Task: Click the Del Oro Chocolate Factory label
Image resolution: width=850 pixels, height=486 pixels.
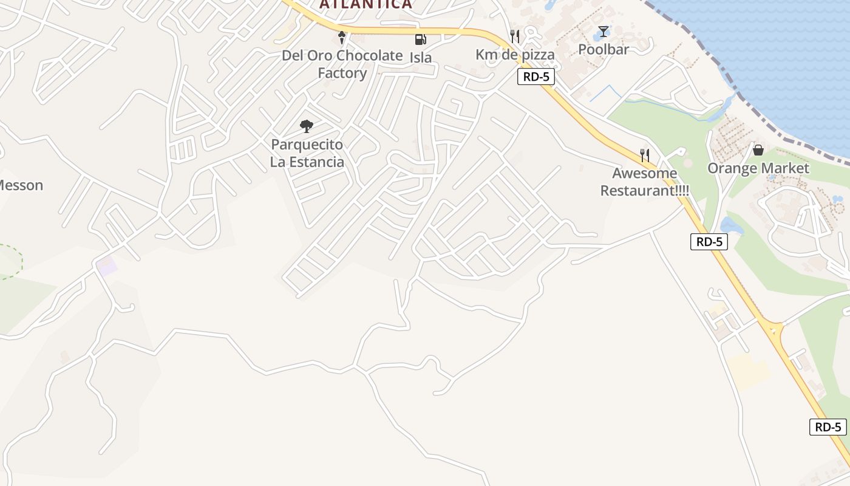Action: [x=342, y=64]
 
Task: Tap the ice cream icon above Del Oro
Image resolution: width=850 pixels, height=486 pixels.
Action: [x=342, y=38]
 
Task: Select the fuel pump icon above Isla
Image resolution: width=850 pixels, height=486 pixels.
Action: [x=420, y=39]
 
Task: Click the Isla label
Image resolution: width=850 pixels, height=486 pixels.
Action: [x=421, y=58]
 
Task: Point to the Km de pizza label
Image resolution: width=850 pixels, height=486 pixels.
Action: [x=515, y=55]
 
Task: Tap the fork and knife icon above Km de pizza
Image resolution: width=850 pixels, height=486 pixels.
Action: [x=515, y=36]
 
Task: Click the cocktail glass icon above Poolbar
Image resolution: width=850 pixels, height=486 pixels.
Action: [x=603, y=32]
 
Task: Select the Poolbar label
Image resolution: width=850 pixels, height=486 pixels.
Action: [x=603, y=50]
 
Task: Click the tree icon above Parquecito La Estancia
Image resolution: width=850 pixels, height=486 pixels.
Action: [x=307, y=126]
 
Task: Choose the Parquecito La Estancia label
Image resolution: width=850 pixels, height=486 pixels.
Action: [x=307, y=153]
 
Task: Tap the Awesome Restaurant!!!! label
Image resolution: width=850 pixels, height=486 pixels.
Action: [x=644, y=182]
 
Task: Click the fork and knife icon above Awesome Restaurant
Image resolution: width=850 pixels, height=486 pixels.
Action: [x=644, y=156]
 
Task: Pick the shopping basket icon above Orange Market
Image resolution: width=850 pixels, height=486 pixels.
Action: [x=758, y=149]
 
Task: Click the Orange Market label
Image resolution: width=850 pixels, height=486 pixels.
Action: [x=758, y=168]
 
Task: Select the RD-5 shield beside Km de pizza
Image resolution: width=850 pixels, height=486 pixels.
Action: [x=536, y=77]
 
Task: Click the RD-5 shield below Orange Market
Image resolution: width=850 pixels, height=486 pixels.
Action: [x=709, y=242]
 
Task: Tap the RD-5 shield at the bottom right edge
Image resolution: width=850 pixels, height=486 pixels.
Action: [x=828, y=427]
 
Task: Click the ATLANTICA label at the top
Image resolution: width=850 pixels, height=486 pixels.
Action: [x=365, y=4]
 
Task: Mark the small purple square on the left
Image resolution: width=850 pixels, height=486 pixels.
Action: [x=106, y=266]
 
